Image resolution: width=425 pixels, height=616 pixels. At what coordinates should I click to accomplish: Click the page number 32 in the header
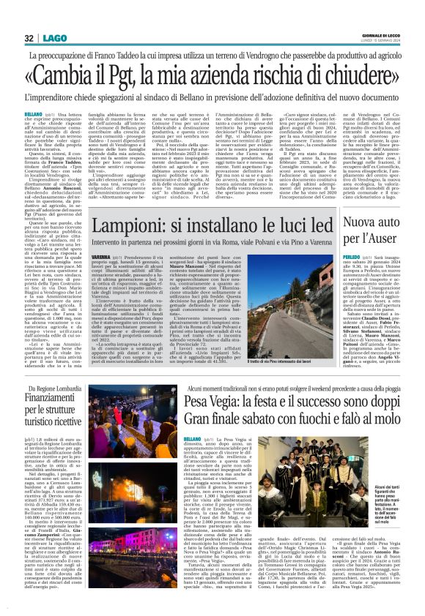(x=29, y=39)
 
